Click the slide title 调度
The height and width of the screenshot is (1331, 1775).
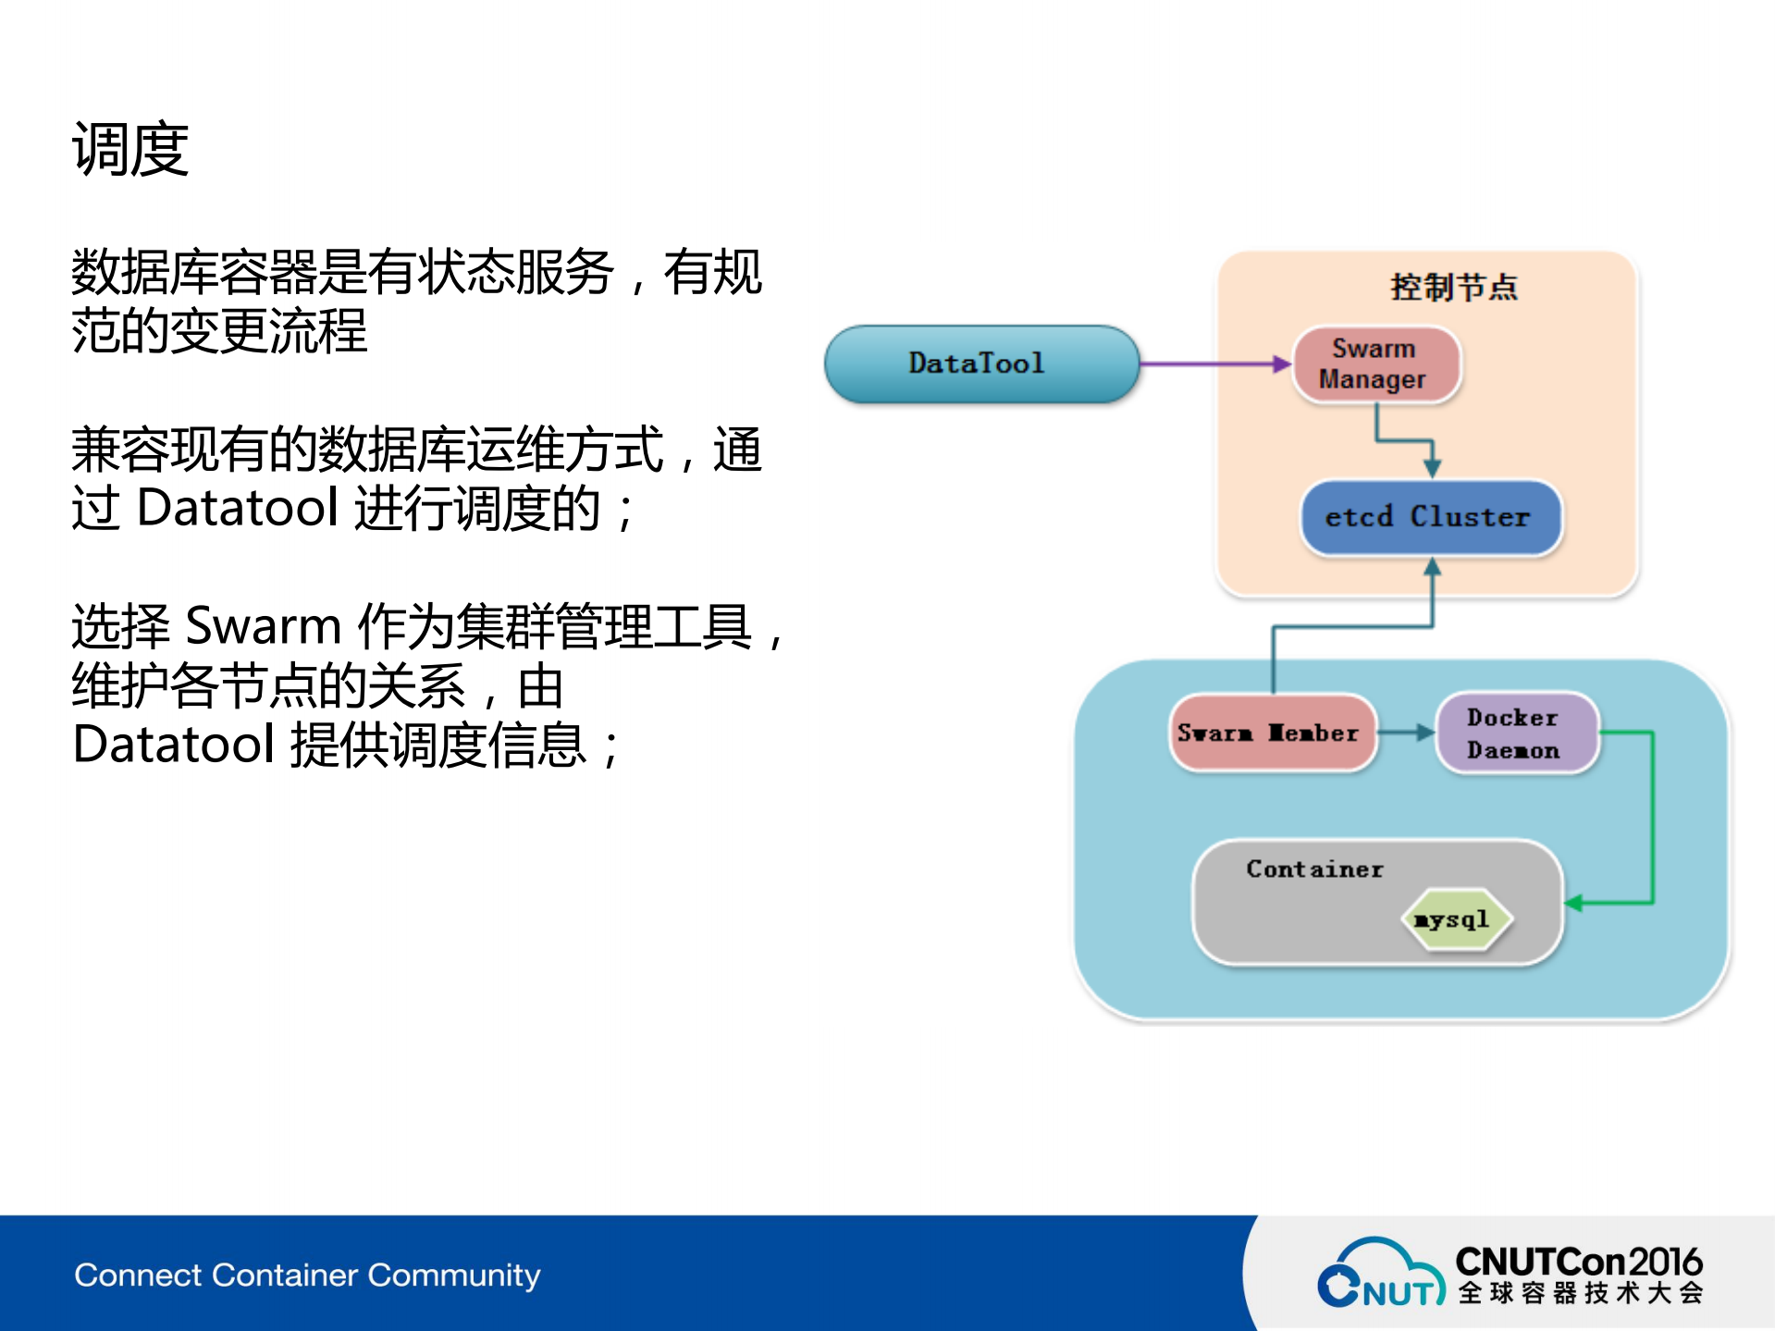[130, 150]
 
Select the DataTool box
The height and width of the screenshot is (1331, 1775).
[980, 364]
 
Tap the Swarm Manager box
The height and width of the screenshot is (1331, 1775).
[1375, 364]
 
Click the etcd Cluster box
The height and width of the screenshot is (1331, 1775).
[1430, 517]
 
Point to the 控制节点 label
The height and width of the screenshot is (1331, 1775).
[1453, 288]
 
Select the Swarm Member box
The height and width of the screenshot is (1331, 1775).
[1271, 733]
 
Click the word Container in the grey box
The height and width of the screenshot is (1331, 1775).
[1314, 869]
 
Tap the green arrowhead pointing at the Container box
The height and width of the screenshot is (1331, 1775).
[1573, 903]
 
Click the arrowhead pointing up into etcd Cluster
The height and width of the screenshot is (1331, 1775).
[1432, 567]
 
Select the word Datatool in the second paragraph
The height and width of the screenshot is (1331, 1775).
[237, 508]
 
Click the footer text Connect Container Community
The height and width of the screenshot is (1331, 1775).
[307, 1275]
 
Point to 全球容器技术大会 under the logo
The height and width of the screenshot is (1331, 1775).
[1580, 1293]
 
